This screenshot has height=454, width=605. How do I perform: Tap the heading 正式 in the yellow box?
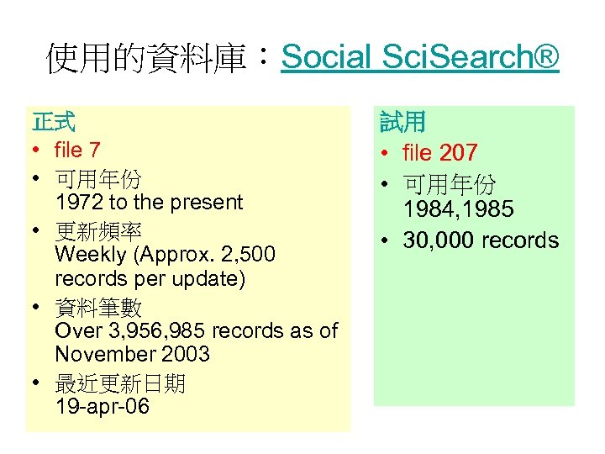(x=54, y=122)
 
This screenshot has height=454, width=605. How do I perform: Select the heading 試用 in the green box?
(x=402, y=124)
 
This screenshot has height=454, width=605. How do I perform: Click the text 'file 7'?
(x=77, y=150)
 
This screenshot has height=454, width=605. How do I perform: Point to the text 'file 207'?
(x=440, y=153)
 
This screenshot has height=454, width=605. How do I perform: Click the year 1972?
(x=77, y=203)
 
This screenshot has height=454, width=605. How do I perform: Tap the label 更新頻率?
(x=98, y=230)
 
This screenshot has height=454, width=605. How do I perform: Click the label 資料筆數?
(x=98, y=308)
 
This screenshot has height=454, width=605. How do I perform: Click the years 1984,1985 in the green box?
(x=458, y=209)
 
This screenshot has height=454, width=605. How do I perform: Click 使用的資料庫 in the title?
(x=145, y=59)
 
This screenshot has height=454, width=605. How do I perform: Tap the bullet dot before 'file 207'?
(x=383, y=154)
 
